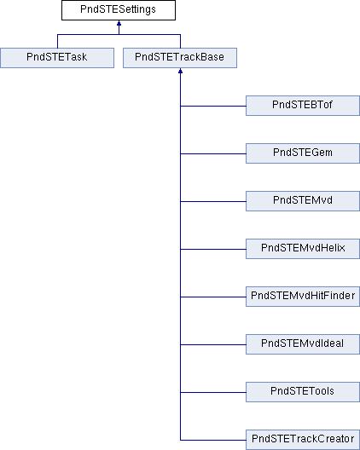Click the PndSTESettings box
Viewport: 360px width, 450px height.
coord(119,10)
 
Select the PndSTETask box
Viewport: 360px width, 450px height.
coord(57,58)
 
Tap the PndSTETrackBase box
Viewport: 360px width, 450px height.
coord(180,58)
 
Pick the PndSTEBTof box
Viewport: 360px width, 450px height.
coord(303,106)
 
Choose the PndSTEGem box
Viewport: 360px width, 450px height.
coord(303,153)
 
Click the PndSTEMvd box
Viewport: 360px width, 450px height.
coord(303,201)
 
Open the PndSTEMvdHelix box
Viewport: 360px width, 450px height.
coord(303,249)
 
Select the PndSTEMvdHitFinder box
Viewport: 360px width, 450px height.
coord(303,297)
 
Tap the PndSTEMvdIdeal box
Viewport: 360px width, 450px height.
coord(303,344)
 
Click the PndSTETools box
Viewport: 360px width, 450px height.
coord(303,392)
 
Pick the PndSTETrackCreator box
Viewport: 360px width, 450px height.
coord(303,440)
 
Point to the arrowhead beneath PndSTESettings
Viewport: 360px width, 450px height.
coord(119,23)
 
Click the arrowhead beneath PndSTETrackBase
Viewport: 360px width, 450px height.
coord(181,71)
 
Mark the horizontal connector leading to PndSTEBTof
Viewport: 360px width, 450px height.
coord(213,106)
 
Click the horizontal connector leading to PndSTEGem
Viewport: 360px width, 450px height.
coord(213,153)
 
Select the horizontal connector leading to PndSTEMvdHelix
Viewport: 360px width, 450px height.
coord(213,249)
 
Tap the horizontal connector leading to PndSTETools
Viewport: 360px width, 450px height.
coord(213,392)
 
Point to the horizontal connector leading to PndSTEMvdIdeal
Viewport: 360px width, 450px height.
coord(213,344)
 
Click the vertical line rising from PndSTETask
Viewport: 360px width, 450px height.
coord(57,41)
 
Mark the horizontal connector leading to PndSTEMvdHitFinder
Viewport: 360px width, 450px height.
coord(213,297)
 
